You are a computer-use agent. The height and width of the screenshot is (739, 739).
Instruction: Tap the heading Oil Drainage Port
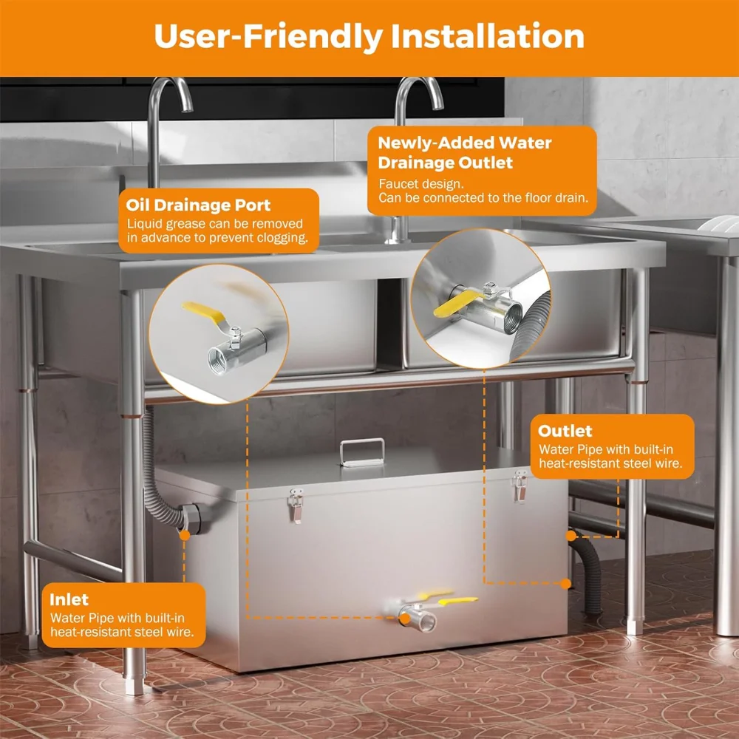pyautogui.click(x=199, y=205)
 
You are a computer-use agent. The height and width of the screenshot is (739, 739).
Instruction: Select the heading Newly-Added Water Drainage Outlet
pyautogui.click(x=465, y=151)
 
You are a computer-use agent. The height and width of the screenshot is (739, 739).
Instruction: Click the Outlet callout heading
pyautogui.click(x=565, y=431)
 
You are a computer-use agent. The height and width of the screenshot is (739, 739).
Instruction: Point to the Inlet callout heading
pyautogui.click(x=69, y=599)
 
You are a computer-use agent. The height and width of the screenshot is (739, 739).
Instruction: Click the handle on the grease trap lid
pyautogui.click(x=362, y=452)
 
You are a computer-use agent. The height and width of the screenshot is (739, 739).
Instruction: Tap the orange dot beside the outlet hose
pyautogui.click(x=565, y=583)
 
